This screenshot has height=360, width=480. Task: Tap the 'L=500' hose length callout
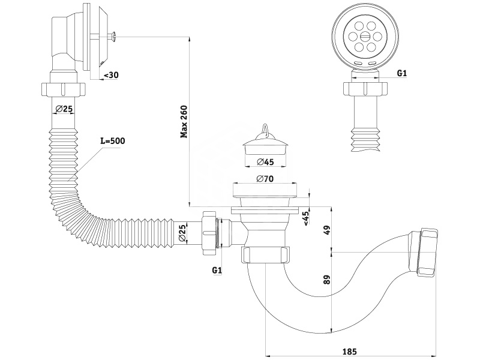113,141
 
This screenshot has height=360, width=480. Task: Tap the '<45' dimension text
306,218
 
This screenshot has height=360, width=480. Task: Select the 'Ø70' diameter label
265,179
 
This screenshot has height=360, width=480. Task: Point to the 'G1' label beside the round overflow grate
402,73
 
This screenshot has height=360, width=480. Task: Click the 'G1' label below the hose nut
217,269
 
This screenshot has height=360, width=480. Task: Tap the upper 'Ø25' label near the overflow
64,109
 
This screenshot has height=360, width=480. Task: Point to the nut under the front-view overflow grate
364,89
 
